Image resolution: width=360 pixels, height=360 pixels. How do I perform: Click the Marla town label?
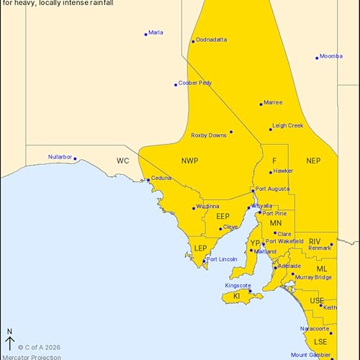(156, 32)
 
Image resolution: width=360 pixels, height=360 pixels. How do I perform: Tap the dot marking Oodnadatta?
(193, 41)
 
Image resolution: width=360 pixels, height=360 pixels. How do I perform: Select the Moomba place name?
(331, 55)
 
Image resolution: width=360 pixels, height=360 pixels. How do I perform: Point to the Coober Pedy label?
(195, 83)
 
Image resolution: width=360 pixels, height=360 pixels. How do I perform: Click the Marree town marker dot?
(261, 104)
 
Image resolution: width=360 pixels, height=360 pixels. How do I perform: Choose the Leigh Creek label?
(289, 125)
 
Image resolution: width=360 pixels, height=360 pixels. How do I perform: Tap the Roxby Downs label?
(209, 135)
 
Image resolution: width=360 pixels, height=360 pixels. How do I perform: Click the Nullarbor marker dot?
(75, 159)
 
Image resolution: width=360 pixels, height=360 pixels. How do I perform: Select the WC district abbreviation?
(123, 161)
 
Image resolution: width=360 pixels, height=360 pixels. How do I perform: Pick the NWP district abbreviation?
(189, 161)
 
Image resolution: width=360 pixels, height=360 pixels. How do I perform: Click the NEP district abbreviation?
(313, 161)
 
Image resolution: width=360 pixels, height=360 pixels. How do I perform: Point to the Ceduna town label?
(161, 178)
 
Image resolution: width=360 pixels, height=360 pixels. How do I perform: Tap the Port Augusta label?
(273, 189)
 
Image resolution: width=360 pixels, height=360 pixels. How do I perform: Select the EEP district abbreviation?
(222, 215)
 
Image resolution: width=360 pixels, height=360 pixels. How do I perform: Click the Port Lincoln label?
(222, 259)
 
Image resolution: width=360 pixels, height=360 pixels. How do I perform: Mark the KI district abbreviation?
(236, 296)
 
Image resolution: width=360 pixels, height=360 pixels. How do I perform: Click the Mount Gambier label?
(310, 355)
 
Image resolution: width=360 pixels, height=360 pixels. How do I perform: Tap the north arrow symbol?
(9, 341)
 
